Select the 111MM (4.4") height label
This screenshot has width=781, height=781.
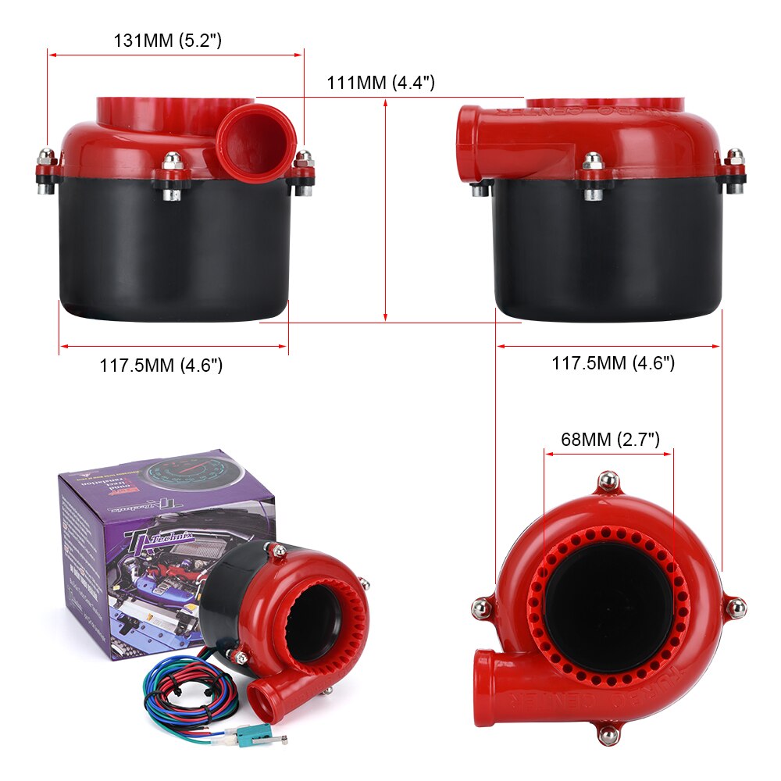tap(380, 83)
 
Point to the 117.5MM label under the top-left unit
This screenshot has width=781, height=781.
tap(161, 365)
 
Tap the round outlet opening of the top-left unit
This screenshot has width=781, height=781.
tap(256, 143)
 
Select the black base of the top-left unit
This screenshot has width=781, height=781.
tap(176, 250)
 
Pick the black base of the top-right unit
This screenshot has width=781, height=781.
tap(605, 250)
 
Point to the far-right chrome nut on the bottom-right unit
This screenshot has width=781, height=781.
tap(735, 607)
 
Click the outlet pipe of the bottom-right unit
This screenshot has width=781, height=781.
tap(500, 687)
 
